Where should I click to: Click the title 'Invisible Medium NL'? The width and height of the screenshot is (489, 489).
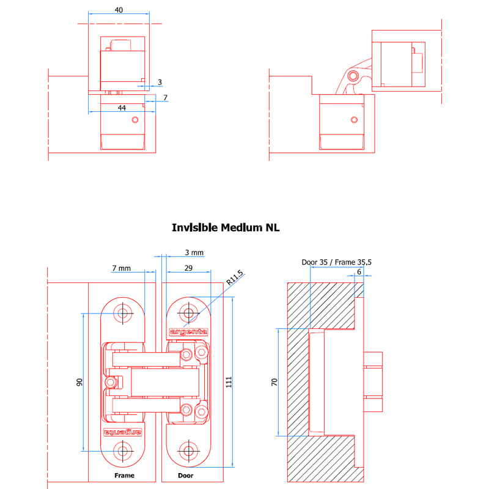coord(226,227)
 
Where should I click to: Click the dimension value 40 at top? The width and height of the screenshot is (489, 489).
coord(119,10)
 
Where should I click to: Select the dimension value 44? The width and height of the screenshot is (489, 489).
coord(122,108)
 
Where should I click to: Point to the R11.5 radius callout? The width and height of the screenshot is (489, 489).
coord(235,278)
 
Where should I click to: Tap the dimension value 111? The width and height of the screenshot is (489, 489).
coord(229,382)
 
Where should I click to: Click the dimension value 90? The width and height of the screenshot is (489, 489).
coord(79,382)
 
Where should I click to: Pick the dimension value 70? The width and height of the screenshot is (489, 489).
coord(274,382)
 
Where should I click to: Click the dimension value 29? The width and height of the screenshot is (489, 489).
coord(188,268)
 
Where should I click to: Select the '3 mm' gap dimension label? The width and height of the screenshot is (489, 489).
coord(194,252)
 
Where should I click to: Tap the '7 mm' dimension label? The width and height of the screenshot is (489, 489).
coord(121,268)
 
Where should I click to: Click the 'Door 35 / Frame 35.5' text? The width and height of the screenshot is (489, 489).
coord(337,262)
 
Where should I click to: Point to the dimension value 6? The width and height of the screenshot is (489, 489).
coord(359,272)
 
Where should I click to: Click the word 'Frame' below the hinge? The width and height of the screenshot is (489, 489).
coord(125,476)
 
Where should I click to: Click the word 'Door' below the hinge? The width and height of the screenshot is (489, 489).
coord(186,476)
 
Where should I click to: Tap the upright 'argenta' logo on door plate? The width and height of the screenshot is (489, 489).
coord(188,332)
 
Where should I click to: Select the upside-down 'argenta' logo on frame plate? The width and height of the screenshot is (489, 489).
coord(123,432)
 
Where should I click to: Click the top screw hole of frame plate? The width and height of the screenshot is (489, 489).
coord(123,313)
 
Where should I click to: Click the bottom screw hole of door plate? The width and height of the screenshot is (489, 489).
coord(188,451)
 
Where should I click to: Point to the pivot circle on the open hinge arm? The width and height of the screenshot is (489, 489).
coord(353,76)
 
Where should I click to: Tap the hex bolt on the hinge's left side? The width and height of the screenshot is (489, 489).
coord(111,383)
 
